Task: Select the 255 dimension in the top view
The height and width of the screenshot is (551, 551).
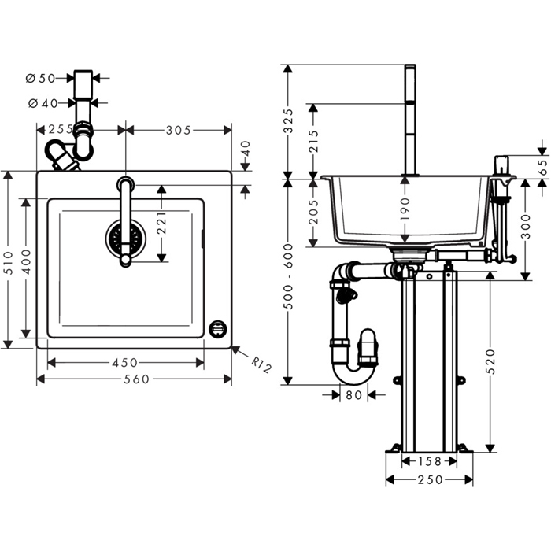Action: click(61, 130)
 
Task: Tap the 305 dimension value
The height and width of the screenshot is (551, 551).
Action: click(178, 130)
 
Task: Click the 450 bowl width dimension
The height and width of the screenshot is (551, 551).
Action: click(125, 363)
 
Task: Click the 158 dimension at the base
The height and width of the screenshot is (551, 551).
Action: click(428, 462)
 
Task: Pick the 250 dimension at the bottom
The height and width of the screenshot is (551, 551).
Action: click(428, 479)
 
